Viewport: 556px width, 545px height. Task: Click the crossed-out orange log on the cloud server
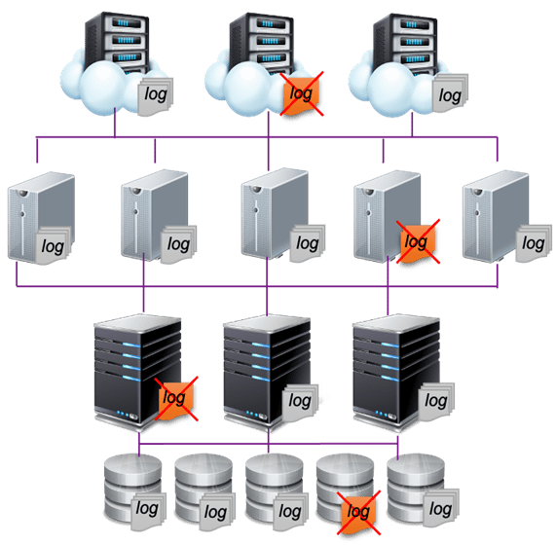[302, 93]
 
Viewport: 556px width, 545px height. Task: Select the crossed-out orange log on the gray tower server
[418, 241]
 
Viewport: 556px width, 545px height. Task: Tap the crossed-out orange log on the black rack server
[176, 399]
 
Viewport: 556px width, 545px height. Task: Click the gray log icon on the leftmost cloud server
[156, 95]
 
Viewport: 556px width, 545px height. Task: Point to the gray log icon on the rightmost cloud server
[450, 93]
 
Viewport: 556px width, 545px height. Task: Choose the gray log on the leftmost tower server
[54, 245]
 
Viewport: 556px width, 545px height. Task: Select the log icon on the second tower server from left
[179, 244]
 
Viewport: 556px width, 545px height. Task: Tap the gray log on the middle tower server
[308, 243]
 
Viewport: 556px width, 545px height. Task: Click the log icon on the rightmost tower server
[534, 243]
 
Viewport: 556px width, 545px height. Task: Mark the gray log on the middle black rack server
[300, 402]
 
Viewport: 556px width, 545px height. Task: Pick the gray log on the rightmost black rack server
[436, 402]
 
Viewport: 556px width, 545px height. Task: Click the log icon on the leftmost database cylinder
[149, 510]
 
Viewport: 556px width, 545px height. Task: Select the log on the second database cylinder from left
[217, 512]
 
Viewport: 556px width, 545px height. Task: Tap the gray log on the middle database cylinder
[290, 511]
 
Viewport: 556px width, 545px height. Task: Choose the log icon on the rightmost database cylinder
[441, 509]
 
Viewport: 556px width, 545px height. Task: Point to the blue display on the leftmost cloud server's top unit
[123, 23]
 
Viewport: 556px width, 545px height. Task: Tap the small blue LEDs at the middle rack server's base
[251, 414]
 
